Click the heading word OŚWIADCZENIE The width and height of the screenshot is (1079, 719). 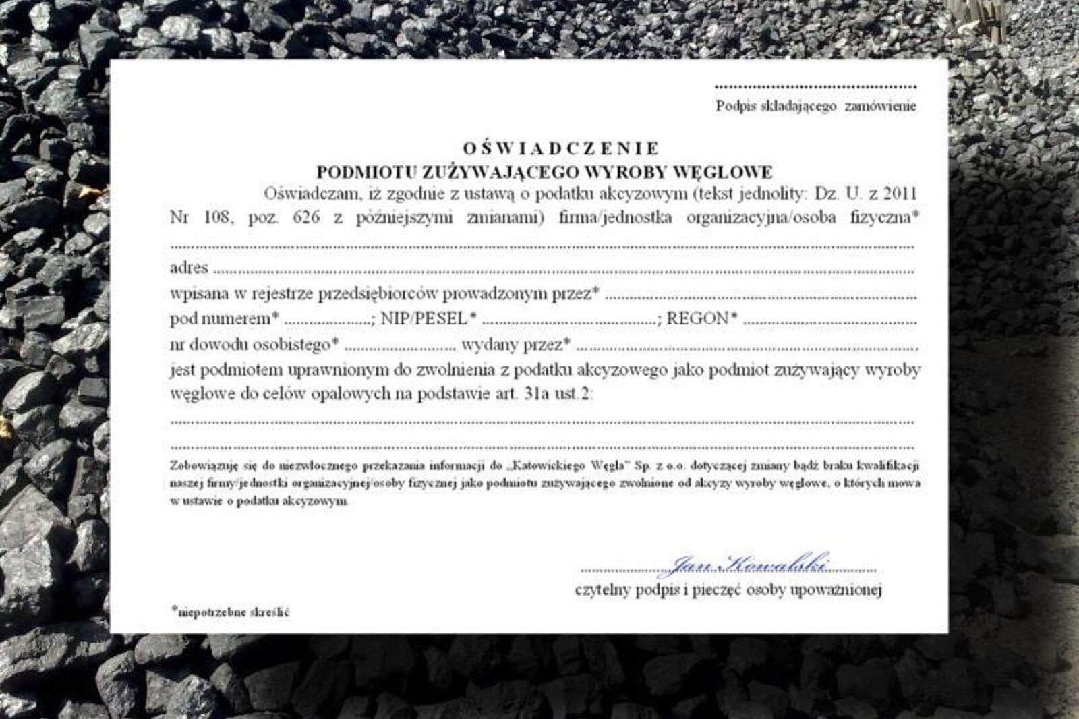[561, 148]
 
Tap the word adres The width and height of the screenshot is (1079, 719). [189, 268]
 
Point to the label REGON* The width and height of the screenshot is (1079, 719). [701, 319]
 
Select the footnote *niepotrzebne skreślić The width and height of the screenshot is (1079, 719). [231, 612]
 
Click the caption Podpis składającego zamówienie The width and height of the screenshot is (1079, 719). [816, 106]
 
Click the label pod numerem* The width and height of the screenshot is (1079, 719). [225, 319]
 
